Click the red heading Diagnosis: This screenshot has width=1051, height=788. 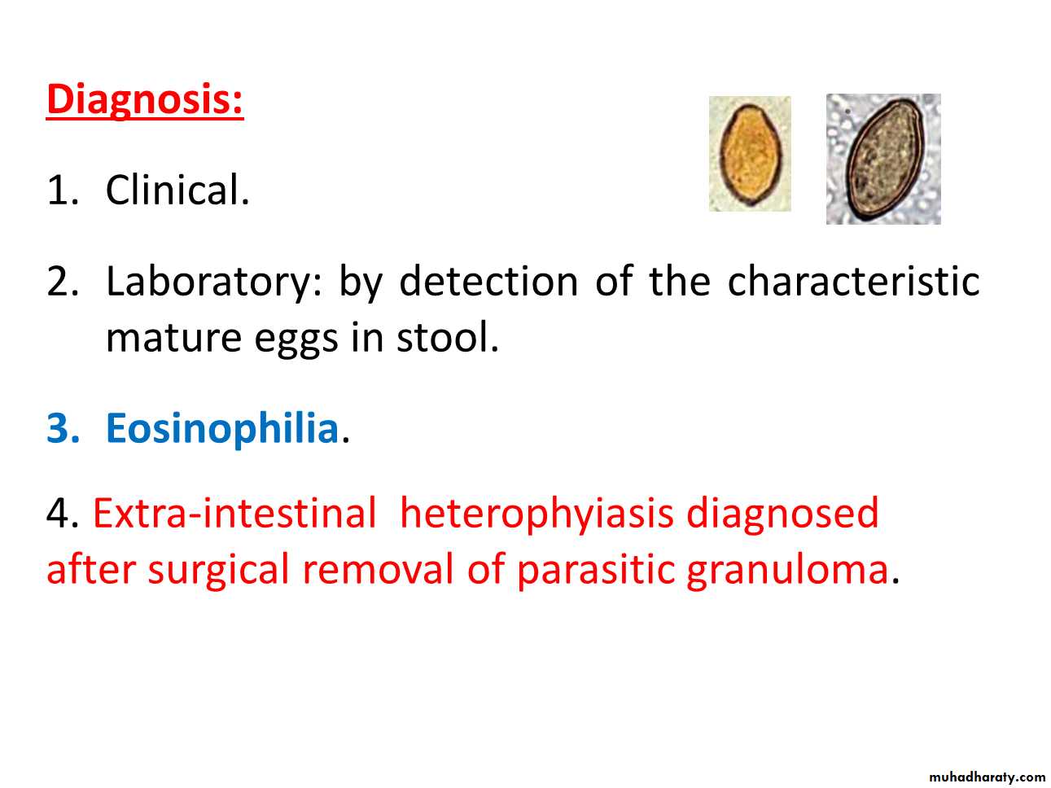point(145,100)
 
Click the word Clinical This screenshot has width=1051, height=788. point(177,190)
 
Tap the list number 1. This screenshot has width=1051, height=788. point(62,190)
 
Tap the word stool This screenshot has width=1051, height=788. point(448,337)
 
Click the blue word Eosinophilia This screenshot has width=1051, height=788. point(222,430)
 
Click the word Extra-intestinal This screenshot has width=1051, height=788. point(234,513)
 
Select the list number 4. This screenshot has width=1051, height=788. point(63,513)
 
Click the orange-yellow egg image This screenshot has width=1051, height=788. point(750,154)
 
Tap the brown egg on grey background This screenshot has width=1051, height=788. point(883,159)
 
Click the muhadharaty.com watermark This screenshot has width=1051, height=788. point(988,777)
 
